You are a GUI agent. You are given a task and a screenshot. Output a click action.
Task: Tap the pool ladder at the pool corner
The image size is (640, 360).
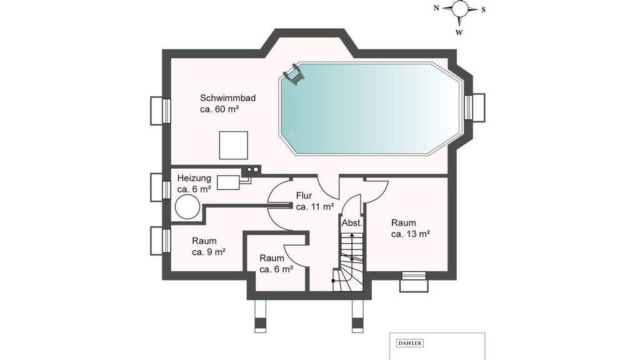coord(294,74)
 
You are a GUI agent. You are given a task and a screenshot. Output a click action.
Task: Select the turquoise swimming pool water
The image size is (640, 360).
coord(371,108)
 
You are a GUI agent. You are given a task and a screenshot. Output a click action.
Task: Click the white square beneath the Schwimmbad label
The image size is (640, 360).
coord(234,145)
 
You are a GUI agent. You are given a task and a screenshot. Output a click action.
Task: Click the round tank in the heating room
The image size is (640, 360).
coord(187,206)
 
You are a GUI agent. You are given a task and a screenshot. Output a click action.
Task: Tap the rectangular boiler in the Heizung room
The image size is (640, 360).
coord(227,182)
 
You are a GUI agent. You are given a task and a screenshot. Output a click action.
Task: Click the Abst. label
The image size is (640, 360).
coord(352,223)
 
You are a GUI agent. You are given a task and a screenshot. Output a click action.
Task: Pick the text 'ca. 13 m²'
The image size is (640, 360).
coord(410,234)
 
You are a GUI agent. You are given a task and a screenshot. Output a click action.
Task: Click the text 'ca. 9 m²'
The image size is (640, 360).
coord(209,252)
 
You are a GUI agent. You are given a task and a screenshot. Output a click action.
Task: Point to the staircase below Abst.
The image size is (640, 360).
coord(347,261)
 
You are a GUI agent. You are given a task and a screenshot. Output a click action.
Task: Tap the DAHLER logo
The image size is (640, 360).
coord(409,343)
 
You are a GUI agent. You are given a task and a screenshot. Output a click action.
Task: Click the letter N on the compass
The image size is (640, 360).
coord(436,7)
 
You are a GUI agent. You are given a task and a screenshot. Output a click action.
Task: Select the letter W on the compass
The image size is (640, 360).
coord(459,32)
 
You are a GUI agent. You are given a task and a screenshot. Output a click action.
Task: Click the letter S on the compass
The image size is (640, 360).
coord(483,9)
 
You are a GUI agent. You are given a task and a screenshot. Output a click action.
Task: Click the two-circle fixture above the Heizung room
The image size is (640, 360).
coord(252,169)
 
